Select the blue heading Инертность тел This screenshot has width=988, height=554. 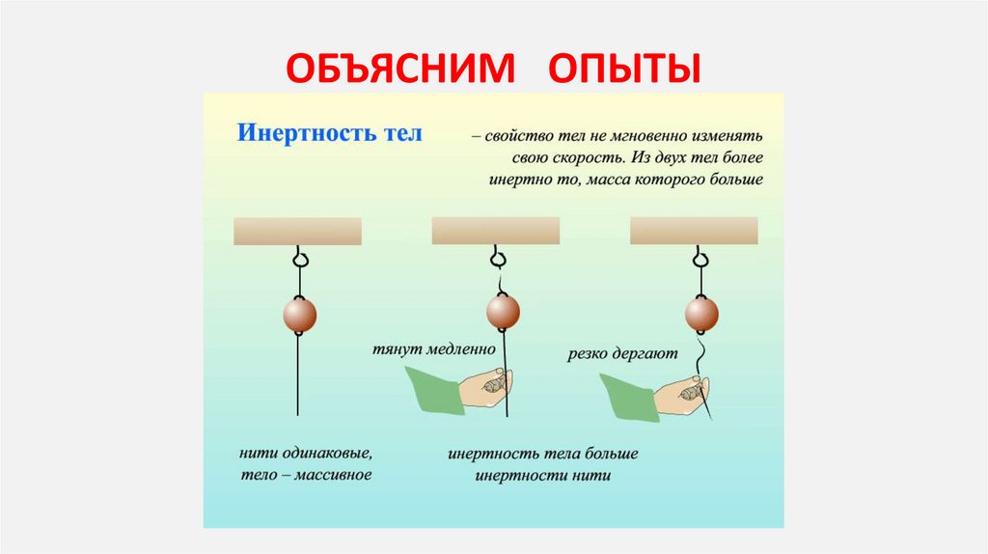[x=330, y=132]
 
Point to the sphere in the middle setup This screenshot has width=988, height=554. [x=503, y=311]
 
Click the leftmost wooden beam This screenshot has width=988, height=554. [x=297, y=231]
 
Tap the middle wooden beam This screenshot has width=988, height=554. [x=495, y=231]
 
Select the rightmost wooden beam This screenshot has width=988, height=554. [x=694, y=231]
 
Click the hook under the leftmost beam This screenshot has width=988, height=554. [x=300, y=259]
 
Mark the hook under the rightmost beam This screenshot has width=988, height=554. [x=700, y=258]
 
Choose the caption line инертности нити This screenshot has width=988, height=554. [x=543, y=476]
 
